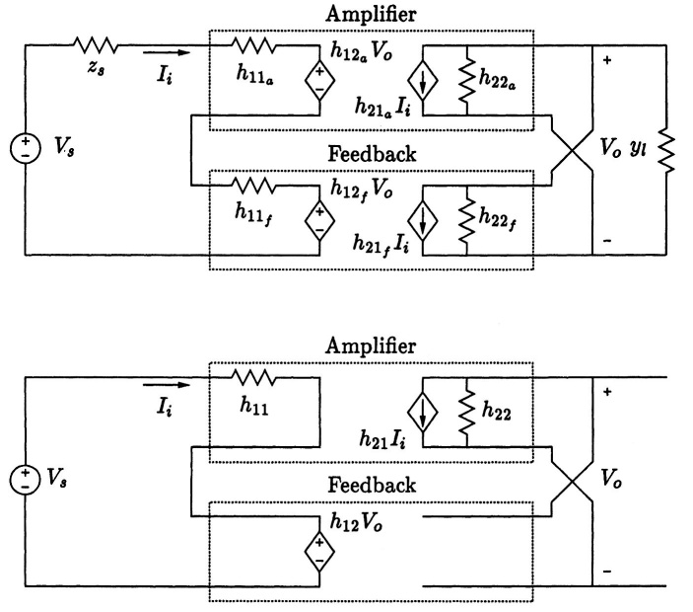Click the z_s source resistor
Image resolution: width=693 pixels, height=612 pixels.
(x=95, y=45)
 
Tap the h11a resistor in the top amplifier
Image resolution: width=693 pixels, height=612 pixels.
(x=253, y=45)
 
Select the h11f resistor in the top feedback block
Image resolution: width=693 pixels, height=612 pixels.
(x=253, y=186)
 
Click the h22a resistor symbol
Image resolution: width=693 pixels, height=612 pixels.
(x=467, y=81)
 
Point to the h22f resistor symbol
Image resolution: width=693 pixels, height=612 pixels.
(x=467, y=220)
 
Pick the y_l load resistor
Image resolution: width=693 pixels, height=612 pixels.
(x=666, y=150)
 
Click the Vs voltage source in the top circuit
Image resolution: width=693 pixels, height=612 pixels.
(x=26, y=148)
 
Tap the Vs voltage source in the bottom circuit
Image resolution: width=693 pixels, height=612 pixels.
(x=26, y=480)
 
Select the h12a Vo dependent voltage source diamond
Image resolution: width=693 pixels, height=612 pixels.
(x=319, y=81)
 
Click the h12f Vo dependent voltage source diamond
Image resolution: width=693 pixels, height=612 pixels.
(x=319, y=220)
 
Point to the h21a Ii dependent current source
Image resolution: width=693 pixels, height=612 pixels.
(x=423, y=81)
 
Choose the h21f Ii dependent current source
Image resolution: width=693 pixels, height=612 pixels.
(x=423, y=220)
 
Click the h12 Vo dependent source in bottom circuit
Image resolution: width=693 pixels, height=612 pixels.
(x=319, y=552)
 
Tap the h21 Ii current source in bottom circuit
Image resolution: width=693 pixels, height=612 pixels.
(x=423, y=412)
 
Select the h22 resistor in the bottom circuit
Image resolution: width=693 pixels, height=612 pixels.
(x=467, y=412)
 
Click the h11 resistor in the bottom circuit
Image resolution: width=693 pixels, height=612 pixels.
(x=253, y=377)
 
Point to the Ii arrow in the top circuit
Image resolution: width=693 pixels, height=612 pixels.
(x=167, y=53)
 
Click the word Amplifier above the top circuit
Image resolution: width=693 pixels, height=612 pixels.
(x=371, y=14)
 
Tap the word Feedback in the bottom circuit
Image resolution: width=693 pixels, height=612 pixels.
(x=372, y=485)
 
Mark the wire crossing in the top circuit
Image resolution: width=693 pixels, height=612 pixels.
(x=572, y=150)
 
